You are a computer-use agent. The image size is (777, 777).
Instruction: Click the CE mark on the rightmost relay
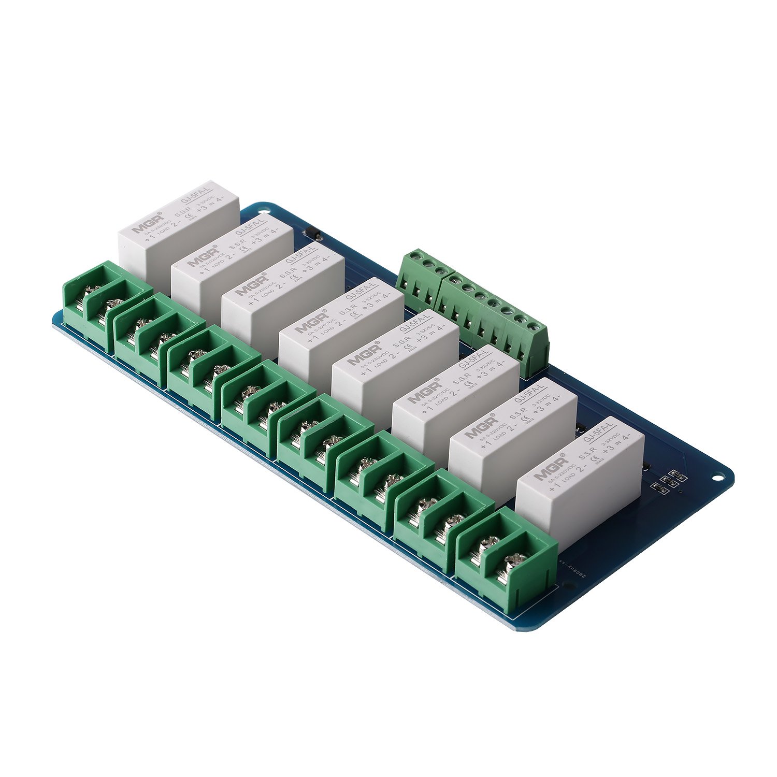coord(596,459)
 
